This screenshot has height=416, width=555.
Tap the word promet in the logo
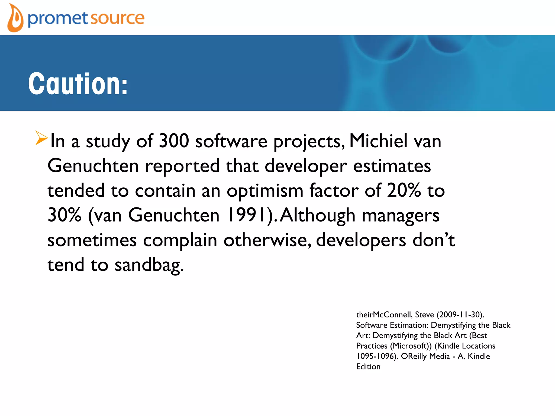click(57, 18)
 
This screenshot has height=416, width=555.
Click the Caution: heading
click(78, 84)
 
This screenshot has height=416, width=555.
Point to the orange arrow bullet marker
click(41, 138)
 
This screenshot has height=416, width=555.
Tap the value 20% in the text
click(404, 190)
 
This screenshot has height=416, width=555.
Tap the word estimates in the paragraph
click(392, 166)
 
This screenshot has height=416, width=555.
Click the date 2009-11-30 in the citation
click(460, 314)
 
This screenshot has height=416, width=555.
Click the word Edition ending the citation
click(368, 367)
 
